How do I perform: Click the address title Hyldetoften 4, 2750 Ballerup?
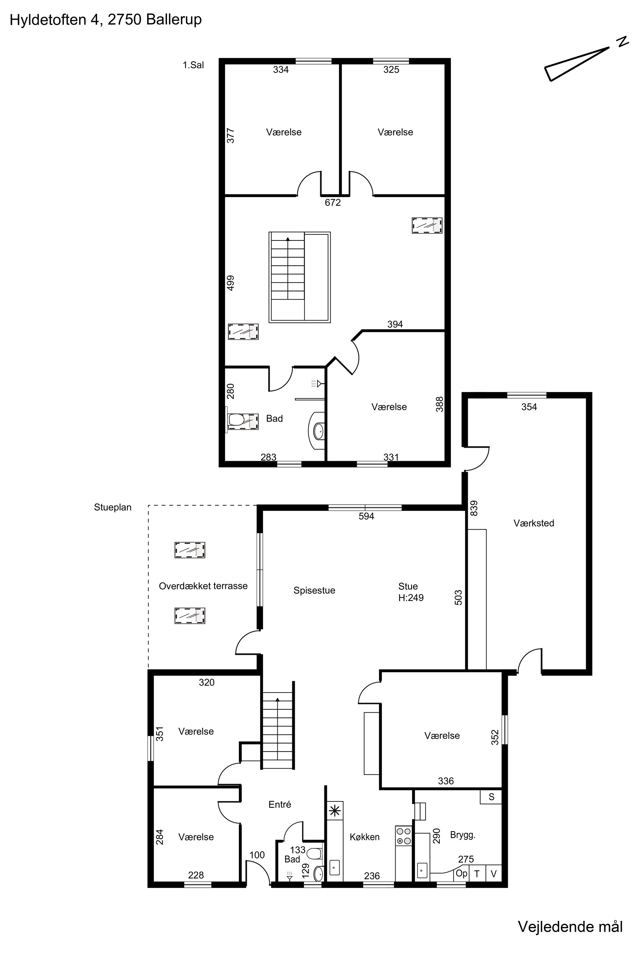pyautogui.click(x=106, y=20)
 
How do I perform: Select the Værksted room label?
pyautogui.click(x=534, y=523)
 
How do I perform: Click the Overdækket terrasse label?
pyautogui.click(x=203, y=586)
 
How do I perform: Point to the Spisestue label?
pyautogui.click(x=315, y=591)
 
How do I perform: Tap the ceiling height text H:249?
pyautogui.click(x=411, y=598)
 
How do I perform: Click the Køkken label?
pyautogui.click(x=365, y=833)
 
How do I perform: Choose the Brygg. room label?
pyautogui.click(x=463, y=832)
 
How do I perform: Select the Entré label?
pyautogui.click(x=280, y=801)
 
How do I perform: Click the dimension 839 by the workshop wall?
pyautogui.click(x=474, y=508)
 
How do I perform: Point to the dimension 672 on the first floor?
pyautogui.click(x=333, y=202)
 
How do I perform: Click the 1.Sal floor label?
pyautogui.click(x=193, y=65)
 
